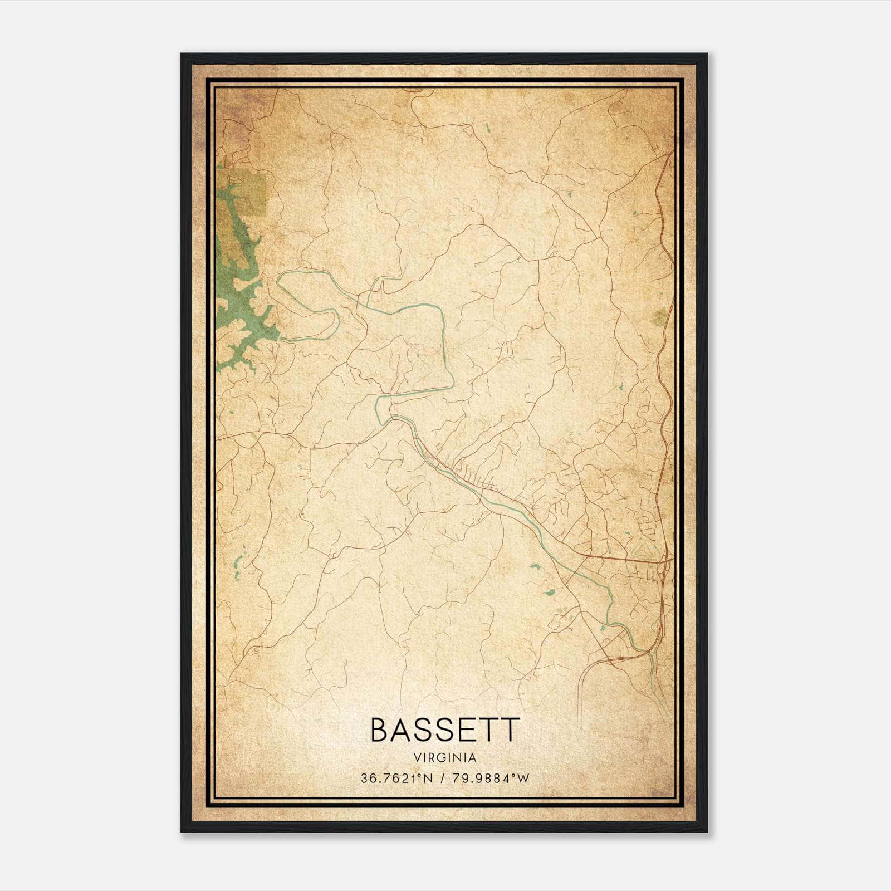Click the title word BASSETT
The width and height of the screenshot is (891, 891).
[x=445, y=730]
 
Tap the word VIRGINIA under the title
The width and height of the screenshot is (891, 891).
[x=445, y=758]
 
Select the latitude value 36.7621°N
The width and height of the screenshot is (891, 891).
[x=396, y=779]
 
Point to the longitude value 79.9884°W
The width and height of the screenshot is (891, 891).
[x=492, y=779]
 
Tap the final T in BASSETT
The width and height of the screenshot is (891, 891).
[x=511, y=730]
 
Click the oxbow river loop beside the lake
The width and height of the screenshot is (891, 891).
[x=309, y=306]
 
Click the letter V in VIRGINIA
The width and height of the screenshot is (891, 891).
[x=417, y=758]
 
